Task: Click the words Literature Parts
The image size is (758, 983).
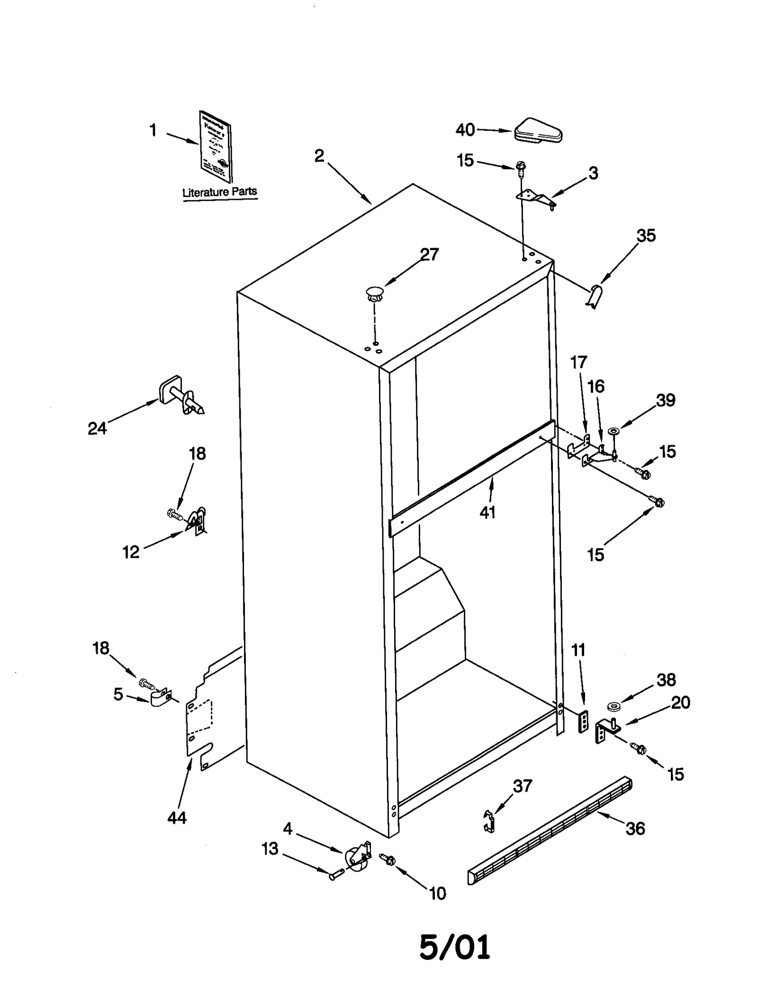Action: coord(219,192)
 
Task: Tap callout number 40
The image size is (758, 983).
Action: coord(465,130)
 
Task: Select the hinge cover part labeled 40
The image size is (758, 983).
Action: coord(538,130)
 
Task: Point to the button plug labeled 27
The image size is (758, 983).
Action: coord(374,292)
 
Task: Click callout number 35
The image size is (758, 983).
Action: coord(646,235)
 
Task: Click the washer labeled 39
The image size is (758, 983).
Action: coord(614,431)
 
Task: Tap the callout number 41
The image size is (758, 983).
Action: coord(487,512)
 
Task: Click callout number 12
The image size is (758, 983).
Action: coord(131,552)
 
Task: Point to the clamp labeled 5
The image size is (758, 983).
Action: coord(160,698)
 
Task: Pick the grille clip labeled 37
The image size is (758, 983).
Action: coord(488,821)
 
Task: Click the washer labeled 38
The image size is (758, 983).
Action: coord(614,707)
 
